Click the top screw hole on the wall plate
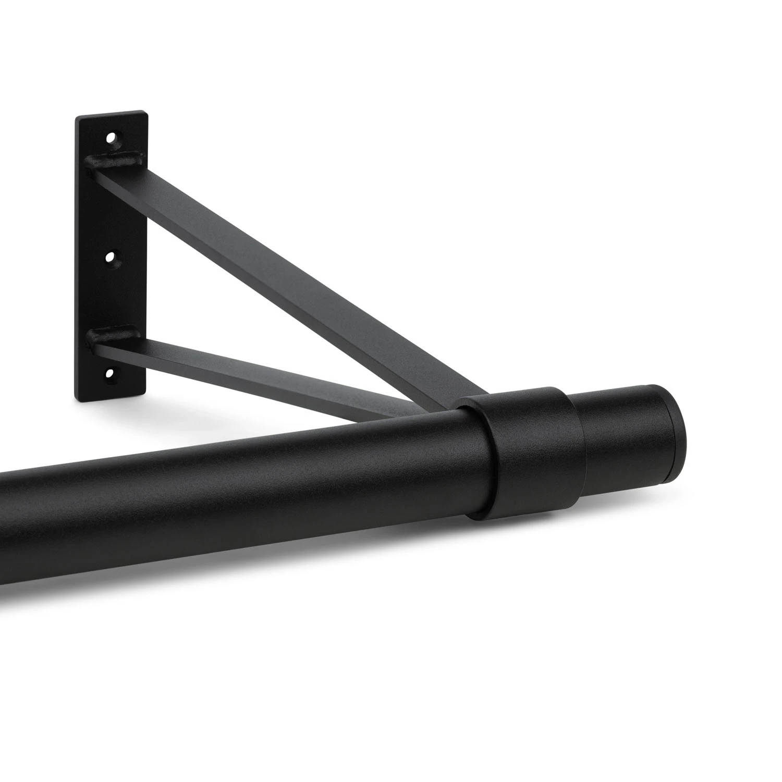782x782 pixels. (111, 139)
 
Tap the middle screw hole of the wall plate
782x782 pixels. (111, 257)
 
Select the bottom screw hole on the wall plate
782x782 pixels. (110, 373)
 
